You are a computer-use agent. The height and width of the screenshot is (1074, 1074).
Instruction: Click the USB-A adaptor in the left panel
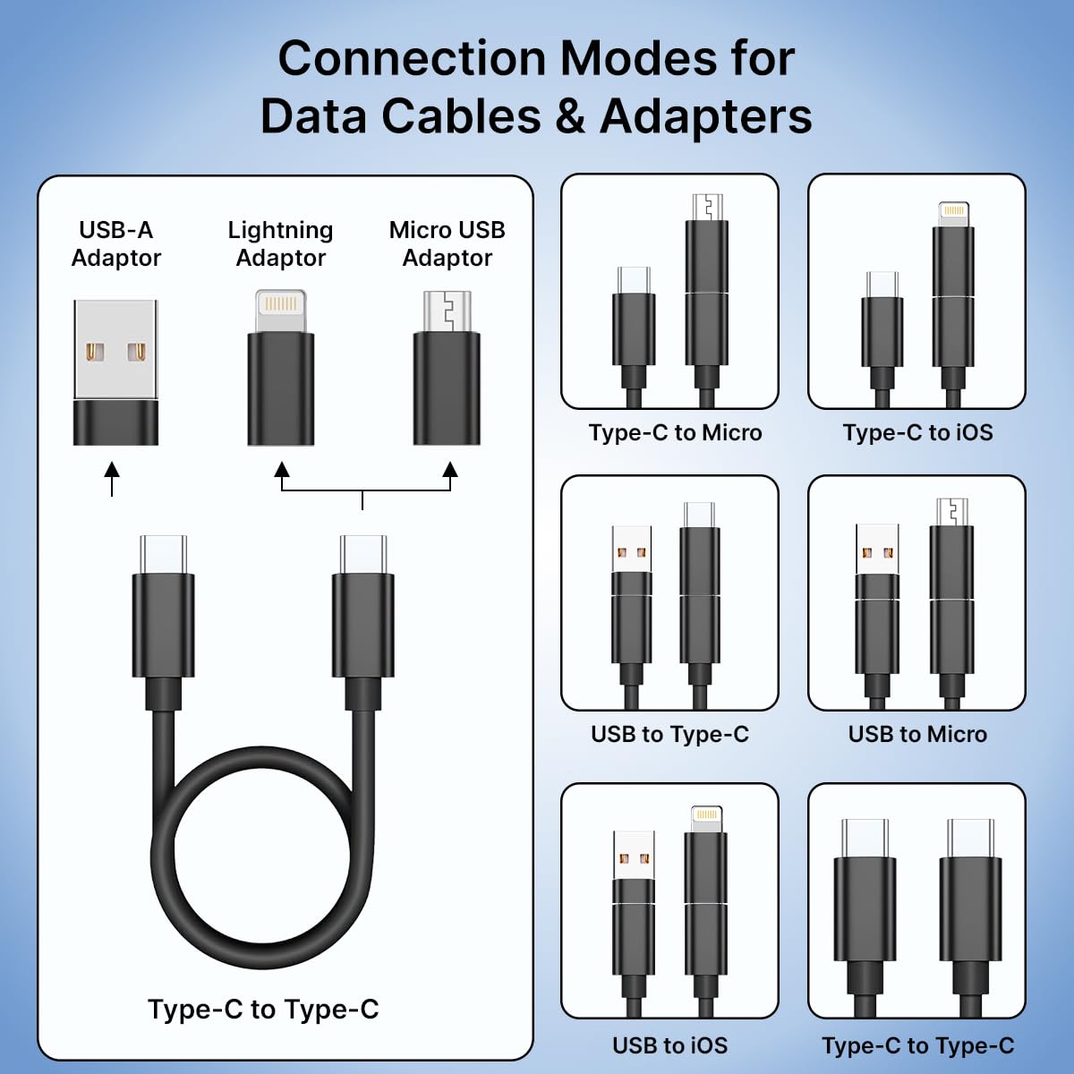coord(115,372)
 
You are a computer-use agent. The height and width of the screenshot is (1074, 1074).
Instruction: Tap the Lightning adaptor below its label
coord(280,368)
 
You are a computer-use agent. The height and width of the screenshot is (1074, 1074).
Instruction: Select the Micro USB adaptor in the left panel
coord(447,368)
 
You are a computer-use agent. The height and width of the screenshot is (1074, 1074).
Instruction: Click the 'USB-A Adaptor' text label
coord(115,243)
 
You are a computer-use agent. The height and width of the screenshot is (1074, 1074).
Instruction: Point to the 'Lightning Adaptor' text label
coord(280,243)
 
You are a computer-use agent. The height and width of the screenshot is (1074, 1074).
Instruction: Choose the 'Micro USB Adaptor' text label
coord(447,243)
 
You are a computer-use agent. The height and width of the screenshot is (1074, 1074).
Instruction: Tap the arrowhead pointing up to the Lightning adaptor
coord(282,470)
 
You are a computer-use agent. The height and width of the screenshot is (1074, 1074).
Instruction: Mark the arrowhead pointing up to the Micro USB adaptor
coord(450,470)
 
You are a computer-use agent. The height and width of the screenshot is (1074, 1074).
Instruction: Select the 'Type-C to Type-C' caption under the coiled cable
coord(263,1010)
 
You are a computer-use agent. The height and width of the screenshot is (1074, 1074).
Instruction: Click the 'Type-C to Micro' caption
coord(675,433)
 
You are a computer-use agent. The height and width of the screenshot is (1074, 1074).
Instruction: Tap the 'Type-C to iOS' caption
coord(917,433)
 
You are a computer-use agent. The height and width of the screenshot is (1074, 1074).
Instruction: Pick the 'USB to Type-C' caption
coord(669,735)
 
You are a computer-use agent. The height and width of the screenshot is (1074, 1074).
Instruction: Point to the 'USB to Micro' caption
coord(917,735)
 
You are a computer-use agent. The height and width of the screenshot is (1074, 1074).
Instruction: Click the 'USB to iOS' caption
coord(669,1045)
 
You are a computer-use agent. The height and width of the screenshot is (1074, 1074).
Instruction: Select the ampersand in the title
coord(570,117)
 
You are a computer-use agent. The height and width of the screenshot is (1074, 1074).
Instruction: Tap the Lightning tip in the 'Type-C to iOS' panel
coord(953,213)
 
